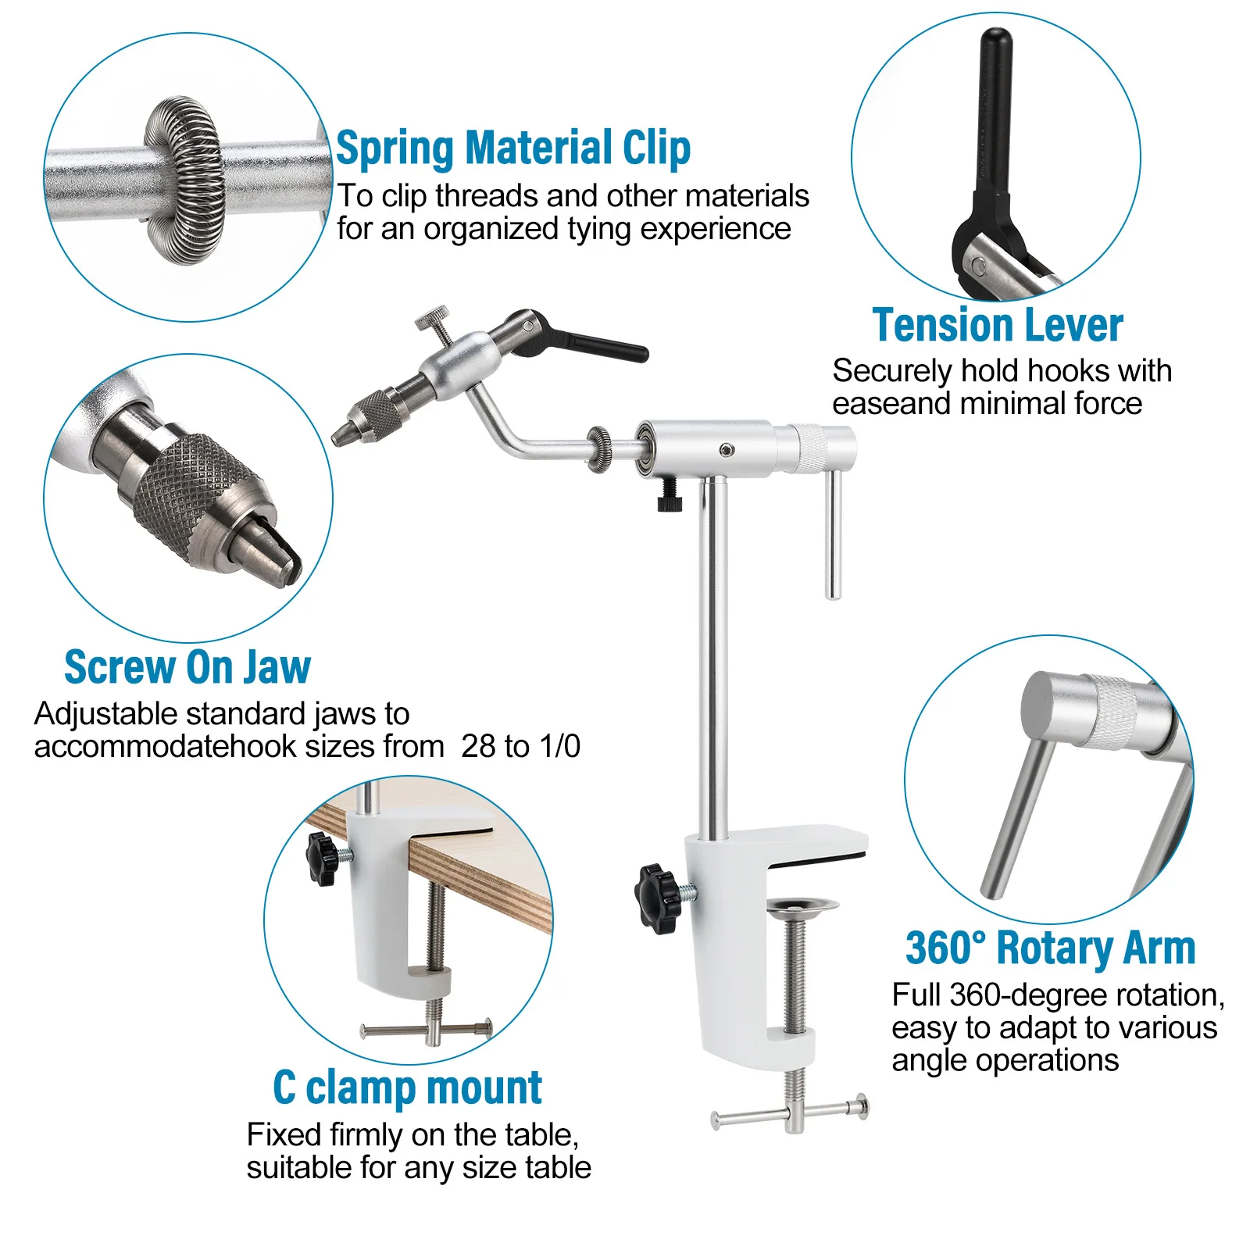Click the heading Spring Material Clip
(513, 148)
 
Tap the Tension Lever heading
(998, 325)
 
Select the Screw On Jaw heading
(187, 667)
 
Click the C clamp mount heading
(407, 1087)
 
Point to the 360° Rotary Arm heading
(1051, 948)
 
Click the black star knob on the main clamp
(658, 898)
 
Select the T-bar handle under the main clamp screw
(790, 1111)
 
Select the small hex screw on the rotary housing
(727, 449)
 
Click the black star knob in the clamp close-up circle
(322, 858)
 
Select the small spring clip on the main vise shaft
(599, 449)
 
